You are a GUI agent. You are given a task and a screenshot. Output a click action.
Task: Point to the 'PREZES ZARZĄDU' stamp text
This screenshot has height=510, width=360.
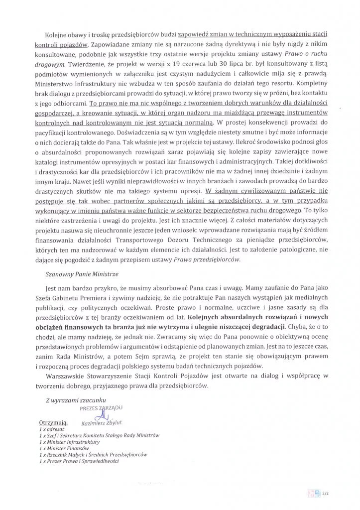tap(101, 407)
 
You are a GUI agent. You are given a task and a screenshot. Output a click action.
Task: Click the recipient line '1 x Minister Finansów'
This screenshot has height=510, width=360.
tap(61, 448)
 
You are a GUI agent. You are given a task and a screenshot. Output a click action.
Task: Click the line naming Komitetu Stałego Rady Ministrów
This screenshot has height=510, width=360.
tap(99, 435)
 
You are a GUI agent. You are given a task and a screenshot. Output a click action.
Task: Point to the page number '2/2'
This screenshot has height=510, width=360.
tap(326, 493)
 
